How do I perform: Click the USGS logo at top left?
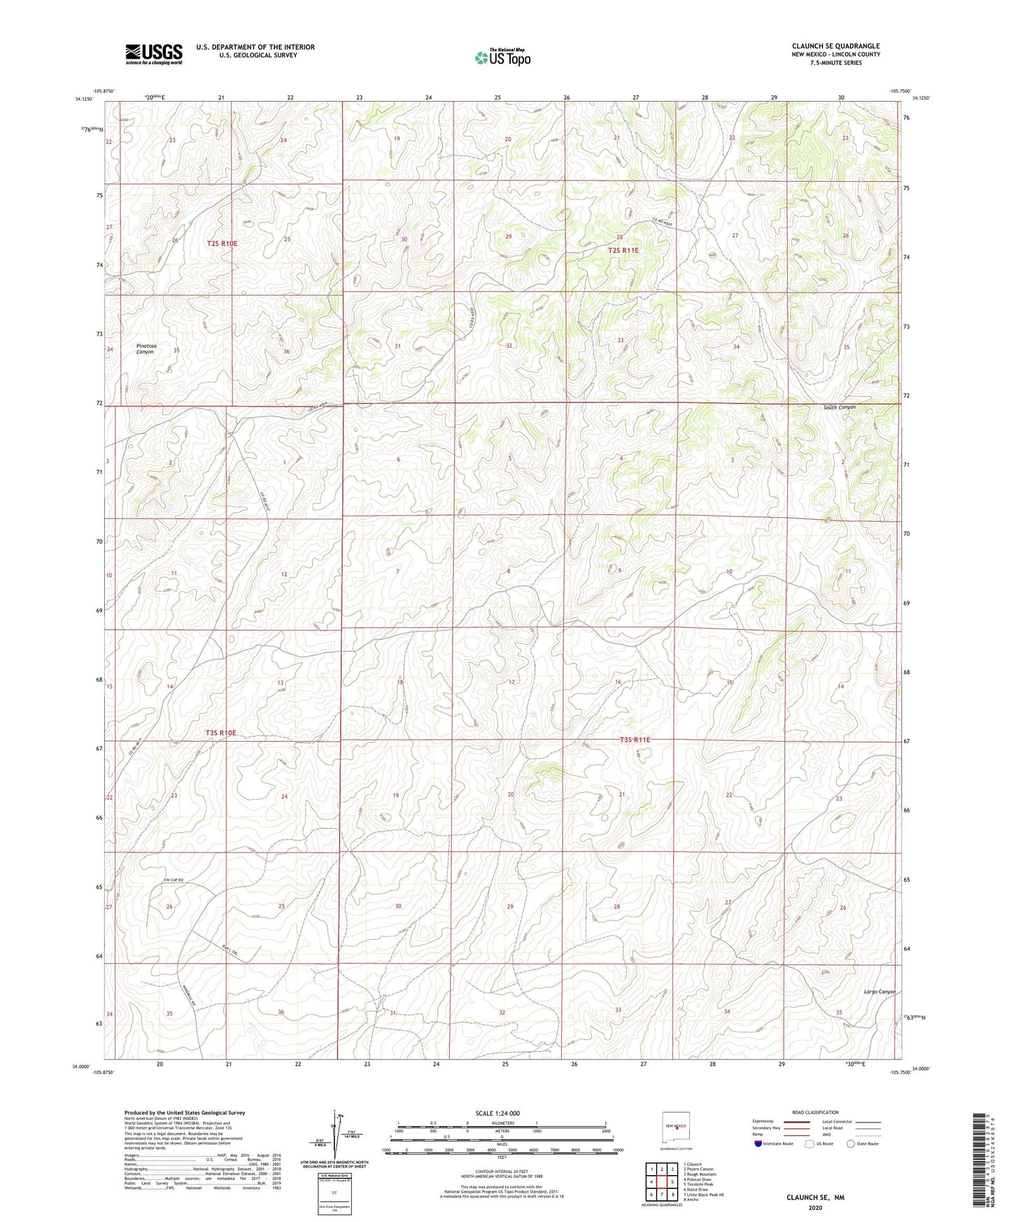click(153, 54)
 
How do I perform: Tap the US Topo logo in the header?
click(502, 57)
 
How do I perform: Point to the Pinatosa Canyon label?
click(146, 349)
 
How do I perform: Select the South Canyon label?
click(839, 407)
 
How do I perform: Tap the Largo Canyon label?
click(879, 992)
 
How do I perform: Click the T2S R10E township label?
click(222, 244)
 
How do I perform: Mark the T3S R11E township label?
click(635, 739)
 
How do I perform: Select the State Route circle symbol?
click(850, 1144)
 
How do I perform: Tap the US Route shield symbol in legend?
click(809, 1144)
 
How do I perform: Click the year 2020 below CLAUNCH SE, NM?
click(814, 1208)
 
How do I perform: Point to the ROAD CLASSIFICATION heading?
click(814, 1112)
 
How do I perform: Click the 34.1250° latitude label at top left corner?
click(83, 99)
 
